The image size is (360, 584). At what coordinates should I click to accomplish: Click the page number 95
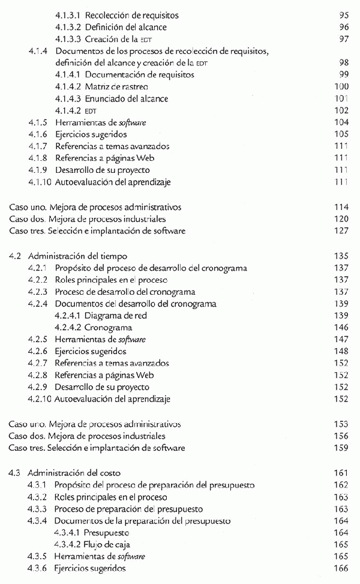tap(344, 14)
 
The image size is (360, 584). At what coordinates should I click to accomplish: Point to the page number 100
tap(341, 87)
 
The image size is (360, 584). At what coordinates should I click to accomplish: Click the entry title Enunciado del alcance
tap(127, 99)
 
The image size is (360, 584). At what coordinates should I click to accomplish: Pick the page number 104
tap(341, 122)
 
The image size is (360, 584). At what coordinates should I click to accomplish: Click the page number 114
tap(341, 207)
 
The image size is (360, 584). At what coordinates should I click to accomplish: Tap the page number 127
tap(341, 231)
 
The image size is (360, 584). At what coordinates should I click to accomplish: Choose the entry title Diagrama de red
tap(116, 316)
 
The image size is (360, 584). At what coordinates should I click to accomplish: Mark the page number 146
tap(341, 328)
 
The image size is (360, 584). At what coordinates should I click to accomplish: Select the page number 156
tap(341, 436)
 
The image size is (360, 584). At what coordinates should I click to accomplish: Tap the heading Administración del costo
tap(75, 474)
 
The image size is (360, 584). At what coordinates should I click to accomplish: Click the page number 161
tap(341, 474)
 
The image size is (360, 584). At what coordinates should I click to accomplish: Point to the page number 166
tap(341, 568)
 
